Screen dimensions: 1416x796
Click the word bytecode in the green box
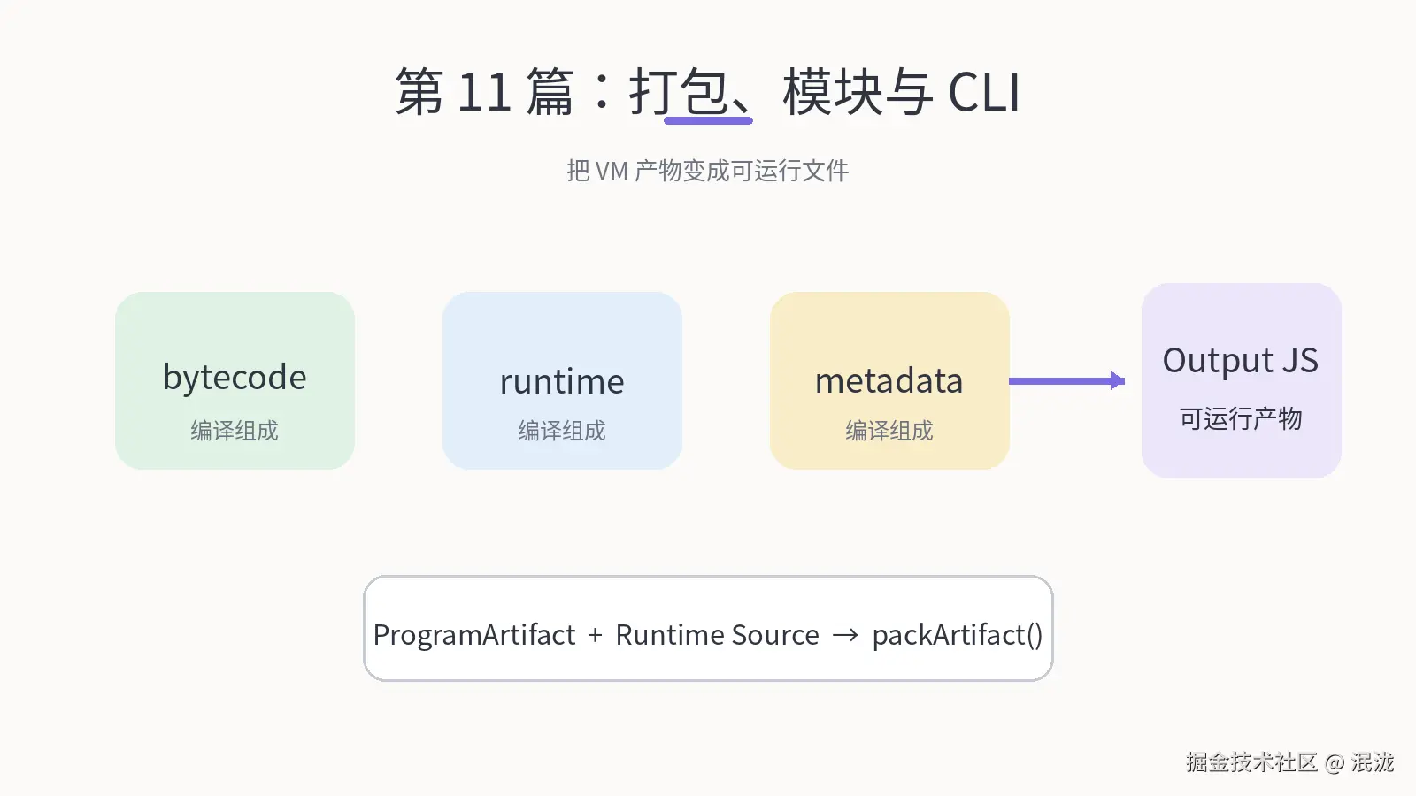[235, 378]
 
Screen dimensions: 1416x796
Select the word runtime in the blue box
[562, 381]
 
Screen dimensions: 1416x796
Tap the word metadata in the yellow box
[889, 381]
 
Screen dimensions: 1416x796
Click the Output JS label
[1240, 361]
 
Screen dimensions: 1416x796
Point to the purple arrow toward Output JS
[1067, 381]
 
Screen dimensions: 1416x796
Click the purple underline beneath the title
[708, 120]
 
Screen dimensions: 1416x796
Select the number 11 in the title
[483, 92]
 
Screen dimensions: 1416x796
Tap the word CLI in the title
[983, 92]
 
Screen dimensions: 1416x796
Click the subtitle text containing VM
[707, 171]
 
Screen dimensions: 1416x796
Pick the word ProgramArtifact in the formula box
[474, 635]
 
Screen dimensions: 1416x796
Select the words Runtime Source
[717, 635]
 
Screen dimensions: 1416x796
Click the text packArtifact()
[957, 635]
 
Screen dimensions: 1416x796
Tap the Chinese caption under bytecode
[235, 431]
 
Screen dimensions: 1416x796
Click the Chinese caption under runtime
[562, 431]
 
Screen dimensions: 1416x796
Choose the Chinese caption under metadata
[889, 431]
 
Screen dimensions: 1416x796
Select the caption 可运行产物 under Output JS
[1240, 419]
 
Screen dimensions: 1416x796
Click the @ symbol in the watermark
[1335, 763]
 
